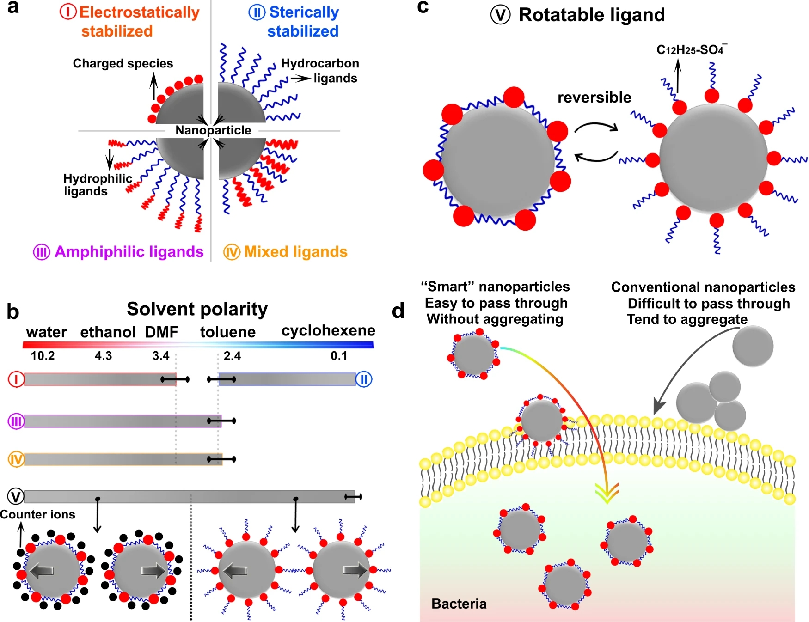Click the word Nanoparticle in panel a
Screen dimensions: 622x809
[x=213, y=130]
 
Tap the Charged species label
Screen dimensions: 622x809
[x=123, y=63]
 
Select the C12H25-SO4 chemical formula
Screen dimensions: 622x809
[x=691, y=50]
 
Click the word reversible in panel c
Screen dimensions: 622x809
[x=594, y=98]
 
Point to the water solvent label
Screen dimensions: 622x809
[x=46, y=332]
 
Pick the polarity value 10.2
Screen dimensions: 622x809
[x=43, y=356]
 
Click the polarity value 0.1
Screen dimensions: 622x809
[x=339, y=356]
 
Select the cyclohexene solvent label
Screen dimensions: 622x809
[x=328, y=331]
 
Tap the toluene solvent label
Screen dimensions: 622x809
[x=228, y=332]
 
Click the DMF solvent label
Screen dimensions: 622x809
[x=161, y=332]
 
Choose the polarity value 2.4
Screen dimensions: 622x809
[x=232, y=356]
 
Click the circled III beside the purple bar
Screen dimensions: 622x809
[x=16, y=421]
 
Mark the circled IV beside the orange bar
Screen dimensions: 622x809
[x=16, y=459]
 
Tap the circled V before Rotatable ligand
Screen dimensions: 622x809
[x=500, y=15]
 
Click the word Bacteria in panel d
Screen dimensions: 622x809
[x=459, y=604]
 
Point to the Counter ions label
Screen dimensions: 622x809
[x=37, y=515]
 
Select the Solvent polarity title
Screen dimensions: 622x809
[x=197, y=309]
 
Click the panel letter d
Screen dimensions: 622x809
[x=398, y=311]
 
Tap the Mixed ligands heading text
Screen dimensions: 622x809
[x=295, y=252]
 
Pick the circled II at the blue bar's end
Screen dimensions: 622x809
[x=364, y=380]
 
